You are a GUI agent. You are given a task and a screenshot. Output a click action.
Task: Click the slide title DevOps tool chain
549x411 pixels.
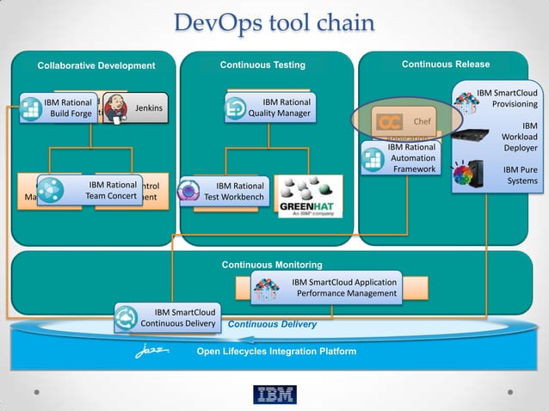tap(274, 22)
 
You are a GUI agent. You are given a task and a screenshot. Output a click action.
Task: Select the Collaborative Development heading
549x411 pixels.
tap(96, 66)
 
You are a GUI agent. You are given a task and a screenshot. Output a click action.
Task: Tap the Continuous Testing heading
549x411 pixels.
tap(262, 65)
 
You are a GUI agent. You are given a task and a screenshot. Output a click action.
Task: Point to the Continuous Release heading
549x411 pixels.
tap(446, 64)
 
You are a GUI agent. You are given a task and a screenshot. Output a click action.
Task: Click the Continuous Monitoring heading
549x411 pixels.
tap(272, 265)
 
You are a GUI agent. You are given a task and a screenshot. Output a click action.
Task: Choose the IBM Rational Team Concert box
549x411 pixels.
tap(89, 191)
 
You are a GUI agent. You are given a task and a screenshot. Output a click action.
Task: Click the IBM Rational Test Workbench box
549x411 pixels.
tap(225, 192)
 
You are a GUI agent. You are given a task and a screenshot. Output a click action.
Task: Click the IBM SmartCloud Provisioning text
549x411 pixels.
tap(508, 98)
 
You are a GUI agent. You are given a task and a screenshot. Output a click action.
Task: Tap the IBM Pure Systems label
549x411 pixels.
tap(520, 175)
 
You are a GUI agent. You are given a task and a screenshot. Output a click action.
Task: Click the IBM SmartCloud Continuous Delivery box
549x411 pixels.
tap(168, 318)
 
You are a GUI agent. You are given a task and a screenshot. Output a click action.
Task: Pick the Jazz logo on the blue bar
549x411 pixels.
tap(152, 352)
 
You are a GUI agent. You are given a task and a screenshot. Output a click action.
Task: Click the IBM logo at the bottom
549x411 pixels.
tap(274, 395)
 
